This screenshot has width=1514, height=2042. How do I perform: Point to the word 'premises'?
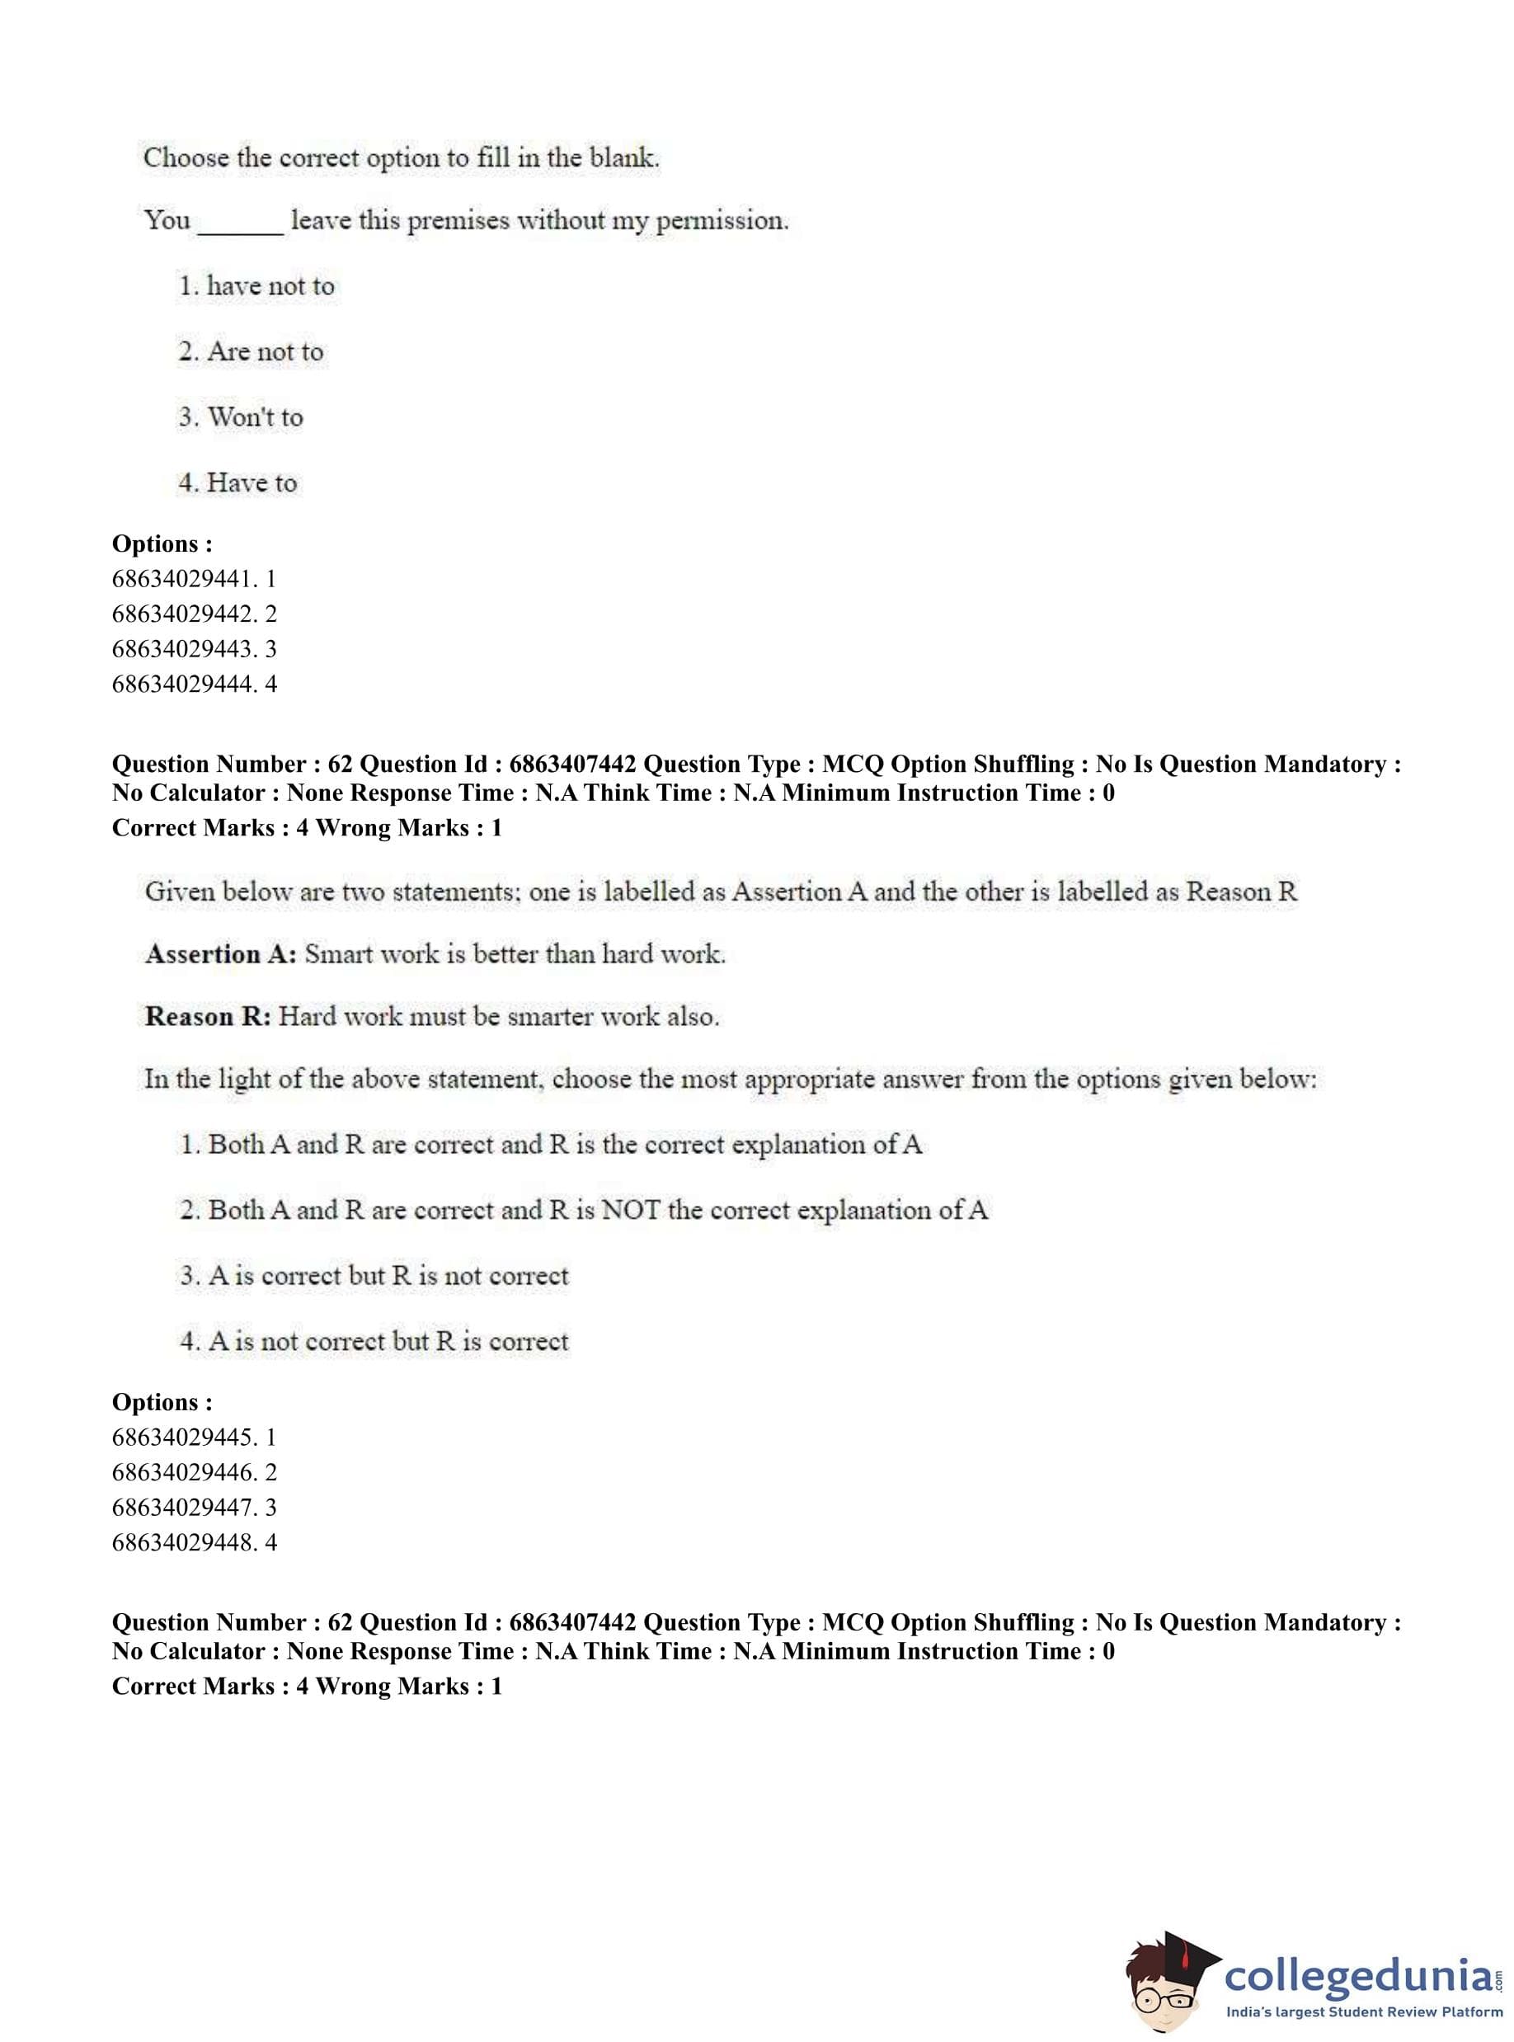458,221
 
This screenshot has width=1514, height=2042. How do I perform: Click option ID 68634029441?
194,578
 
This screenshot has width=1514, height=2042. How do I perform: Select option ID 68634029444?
194,684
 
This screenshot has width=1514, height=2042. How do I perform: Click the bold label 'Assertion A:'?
221,954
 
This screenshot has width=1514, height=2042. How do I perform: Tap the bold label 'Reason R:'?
208,1016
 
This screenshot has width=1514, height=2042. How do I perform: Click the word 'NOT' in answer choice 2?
631,1210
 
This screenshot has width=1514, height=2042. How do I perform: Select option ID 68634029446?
194,1472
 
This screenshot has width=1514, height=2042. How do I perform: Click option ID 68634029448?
194,1542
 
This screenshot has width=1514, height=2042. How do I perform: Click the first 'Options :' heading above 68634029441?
162,543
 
